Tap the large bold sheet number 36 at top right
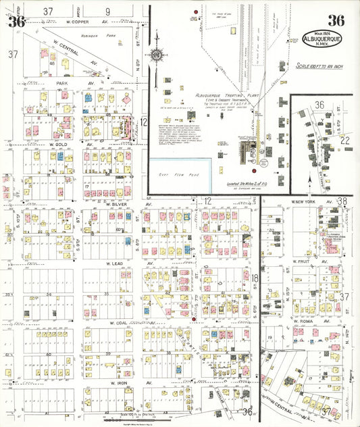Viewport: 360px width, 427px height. click(336, 21)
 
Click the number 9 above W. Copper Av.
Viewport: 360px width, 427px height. click(107, 11)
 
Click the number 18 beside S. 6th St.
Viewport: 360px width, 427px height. click(255, 278)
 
